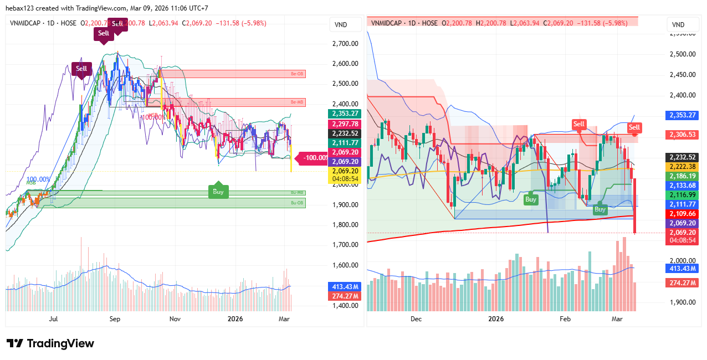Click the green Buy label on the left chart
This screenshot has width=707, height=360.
click(218, 192)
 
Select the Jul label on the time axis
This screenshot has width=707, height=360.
click(54, 319)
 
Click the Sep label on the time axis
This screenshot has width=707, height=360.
click(115, 319)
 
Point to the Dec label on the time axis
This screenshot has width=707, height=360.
click(416, 319)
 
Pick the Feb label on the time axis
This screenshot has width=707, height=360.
click(565, 319)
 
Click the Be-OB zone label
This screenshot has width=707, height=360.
click(298, 74)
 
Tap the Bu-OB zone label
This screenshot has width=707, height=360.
click(298, 203)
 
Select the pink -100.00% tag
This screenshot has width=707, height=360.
click(316, 158)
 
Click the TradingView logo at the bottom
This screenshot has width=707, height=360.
click(50, 343)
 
